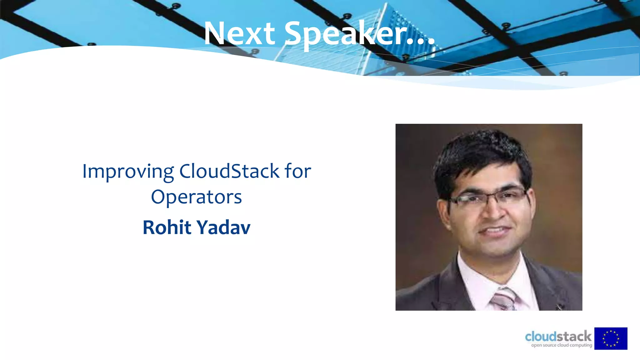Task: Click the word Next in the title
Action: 239,33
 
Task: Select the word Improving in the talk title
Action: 128,171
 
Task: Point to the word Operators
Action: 196,197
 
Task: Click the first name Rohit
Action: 167,227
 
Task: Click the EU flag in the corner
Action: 611,338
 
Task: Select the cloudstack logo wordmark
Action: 558,337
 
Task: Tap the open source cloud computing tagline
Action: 562,345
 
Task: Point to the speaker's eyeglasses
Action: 487,197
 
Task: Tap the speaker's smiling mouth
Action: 495,231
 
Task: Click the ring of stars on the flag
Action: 611,338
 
